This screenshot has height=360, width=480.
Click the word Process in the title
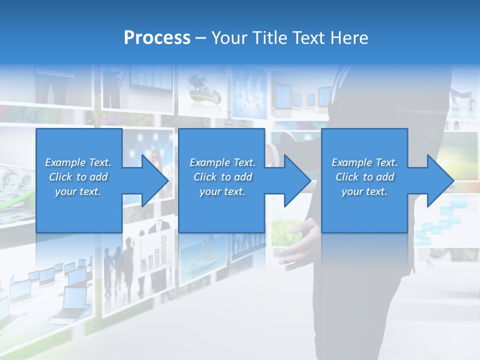point(157,37)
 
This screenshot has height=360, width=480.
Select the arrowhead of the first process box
point(154,180)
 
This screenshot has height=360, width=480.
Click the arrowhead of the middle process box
point(296,180)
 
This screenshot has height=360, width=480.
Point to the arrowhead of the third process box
point(439,180)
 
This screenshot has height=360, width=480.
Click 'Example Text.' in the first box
point(78,162)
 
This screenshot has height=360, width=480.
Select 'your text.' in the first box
point(78,191)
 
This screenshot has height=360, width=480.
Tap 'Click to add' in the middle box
point(222,177)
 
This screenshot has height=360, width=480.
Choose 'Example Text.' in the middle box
point(222,162)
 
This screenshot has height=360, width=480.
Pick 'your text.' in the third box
point(364,191)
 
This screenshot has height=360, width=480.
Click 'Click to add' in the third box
point(364,177)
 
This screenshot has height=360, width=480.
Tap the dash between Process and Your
point(200,38)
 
